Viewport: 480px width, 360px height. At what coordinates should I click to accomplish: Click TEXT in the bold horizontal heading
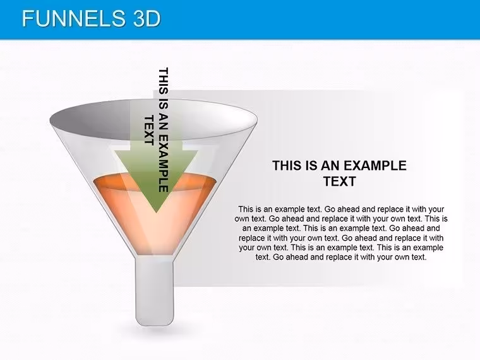point(340,181)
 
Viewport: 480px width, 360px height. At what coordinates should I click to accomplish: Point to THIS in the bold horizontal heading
point(289,165)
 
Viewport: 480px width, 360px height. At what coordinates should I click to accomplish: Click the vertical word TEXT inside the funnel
point(149,130)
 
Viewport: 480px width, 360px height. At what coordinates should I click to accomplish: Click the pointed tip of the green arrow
point(156,213)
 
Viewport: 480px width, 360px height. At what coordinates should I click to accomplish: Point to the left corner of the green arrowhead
point(115,150)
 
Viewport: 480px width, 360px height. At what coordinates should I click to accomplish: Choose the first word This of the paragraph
point(246,210)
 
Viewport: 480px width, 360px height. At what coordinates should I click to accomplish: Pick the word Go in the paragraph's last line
point(279,257)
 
